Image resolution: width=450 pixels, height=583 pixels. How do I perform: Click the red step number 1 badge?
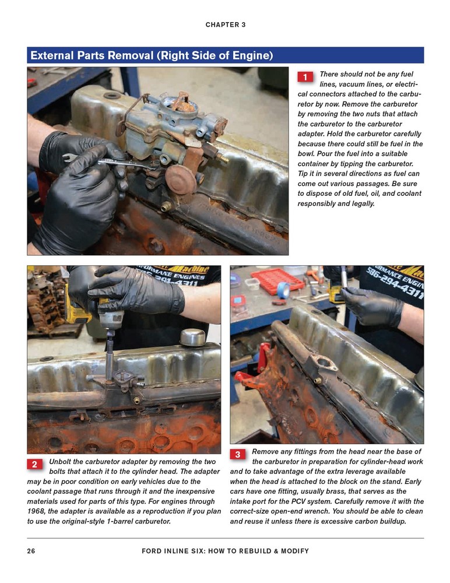(x=305, y=77)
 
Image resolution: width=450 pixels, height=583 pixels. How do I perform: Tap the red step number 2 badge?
(x=34, y=465)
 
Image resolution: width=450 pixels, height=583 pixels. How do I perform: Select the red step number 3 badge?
(x=238, y=454)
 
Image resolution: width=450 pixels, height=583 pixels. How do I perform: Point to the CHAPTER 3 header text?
(x=225, y=24)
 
